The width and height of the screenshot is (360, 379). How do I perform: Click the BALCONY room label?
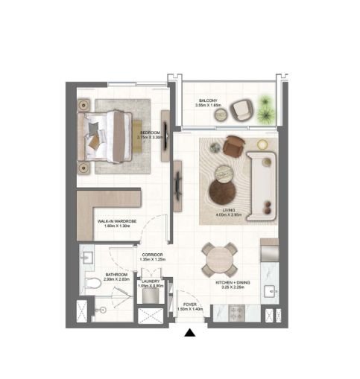click(208, 101)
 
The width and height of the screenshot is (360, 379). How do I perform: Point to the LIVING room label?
click(229, 211)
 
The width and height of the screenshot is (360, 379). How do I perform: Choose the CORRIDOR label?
click(152, 255)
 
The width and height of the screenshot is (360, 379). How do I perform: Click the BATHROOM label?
click(117, 275)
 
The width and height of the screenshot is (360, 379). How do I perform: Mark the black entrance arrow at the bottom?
click(192, 333)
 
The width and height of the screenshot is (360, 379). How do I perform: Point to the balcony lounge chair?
click(241, 110)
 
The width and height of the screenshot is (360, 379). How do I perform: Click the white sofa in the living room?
click(263, 182)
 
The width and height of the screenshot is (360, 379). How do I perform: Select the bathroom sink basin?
click(86, 257)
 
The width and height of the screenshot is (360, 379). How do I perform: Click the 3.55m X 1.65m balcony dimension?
click(208, 106)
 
